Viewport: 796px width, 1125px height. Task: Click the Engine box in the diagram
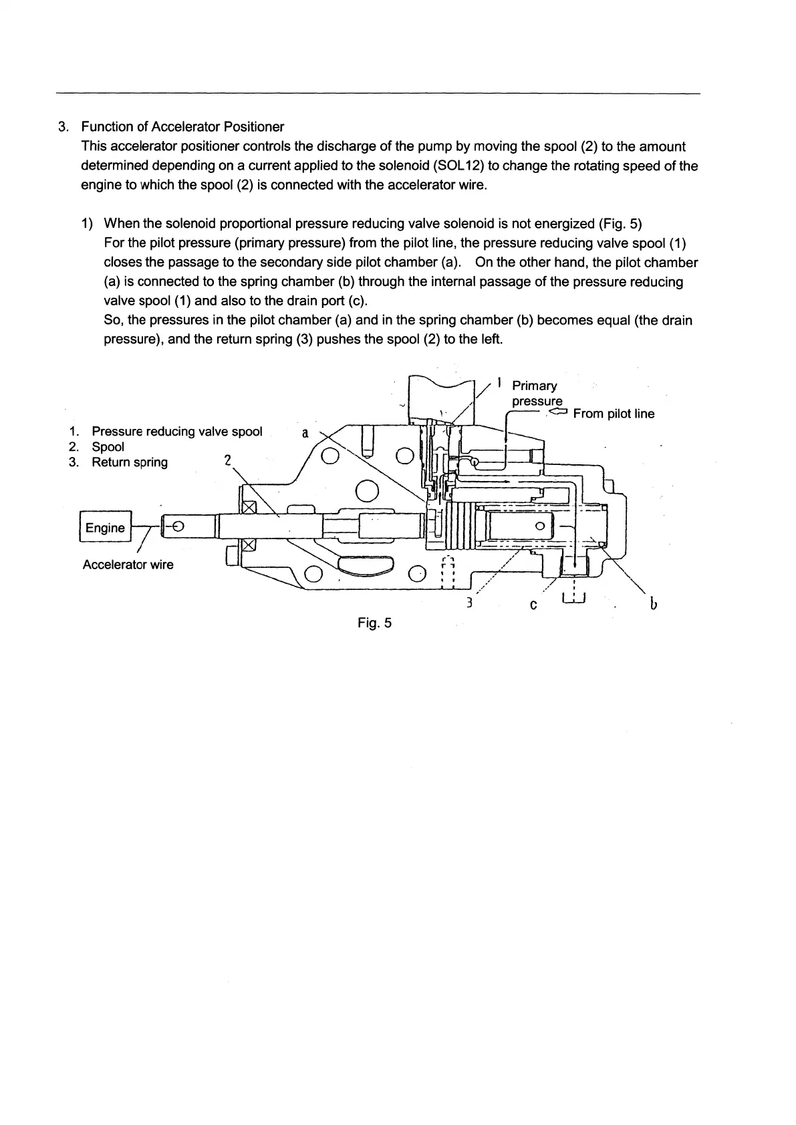point(105,528)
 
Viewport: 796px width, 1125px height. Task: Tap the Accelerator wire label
point(128,565)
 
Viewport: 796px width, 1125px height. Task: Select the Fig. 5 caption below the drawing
point(374,623)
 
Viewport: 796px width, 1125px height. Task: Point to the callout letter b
point(653,605)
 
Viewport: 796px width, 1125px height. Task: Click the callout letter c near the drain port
point(533,605)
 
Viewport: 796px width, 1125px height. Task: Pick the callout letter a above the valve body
point(305,433)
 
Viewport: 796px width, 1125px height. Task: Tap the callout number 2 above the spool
point(227,460)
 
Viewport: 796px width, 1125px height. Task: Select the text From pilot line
point(614,414)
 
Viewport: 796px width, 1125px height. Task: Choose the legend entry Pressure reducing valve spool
point(176,432)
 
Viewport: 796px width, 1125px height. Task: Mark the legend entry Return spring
point(129,462)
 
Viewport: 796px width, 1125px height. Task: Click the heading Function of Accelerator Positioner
point(182,127)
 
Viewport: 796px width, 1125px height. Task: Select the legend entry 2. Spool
point(107,447)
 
